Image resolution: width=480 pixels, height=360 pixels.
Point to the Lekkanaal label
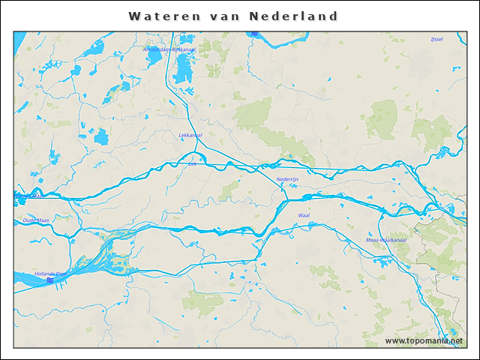point(190,135)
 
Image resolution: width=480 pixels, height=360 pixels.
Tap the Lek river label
point(193,163)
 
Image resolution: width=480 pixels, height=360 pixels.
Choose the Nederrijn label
point(288,179)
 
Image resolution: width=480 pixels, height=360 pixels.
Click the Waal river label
point(304,215)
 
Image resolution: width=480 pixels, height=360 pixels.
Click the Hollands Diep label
point(49,274)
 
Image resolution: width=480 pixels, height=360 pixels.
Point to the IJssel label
point(436,39)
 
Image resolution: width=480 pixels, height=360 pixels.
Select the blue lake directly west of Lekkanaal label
point(100,137)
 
